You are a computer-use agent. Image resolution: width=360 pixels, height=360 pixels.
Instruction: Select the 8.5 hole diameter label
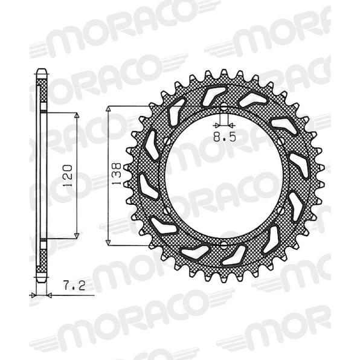point(224,137)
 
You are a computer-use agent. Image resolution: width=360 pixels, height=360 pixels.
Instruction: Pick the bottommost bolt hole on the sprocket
point(223,245)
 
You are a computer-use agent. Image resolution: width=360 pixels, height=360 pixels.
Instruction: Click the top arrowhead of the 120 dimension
point(77,116)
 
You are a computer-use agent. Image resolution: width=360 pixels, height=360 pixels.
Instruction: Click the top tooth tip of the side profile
point(41,69)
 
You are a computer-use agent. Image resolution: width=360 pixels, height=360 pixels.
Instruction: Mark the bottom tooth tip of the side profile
point(41,279)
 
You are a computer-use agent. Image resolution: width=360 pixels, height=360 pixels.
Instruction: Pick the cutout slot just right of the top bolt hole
point(249,98)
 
